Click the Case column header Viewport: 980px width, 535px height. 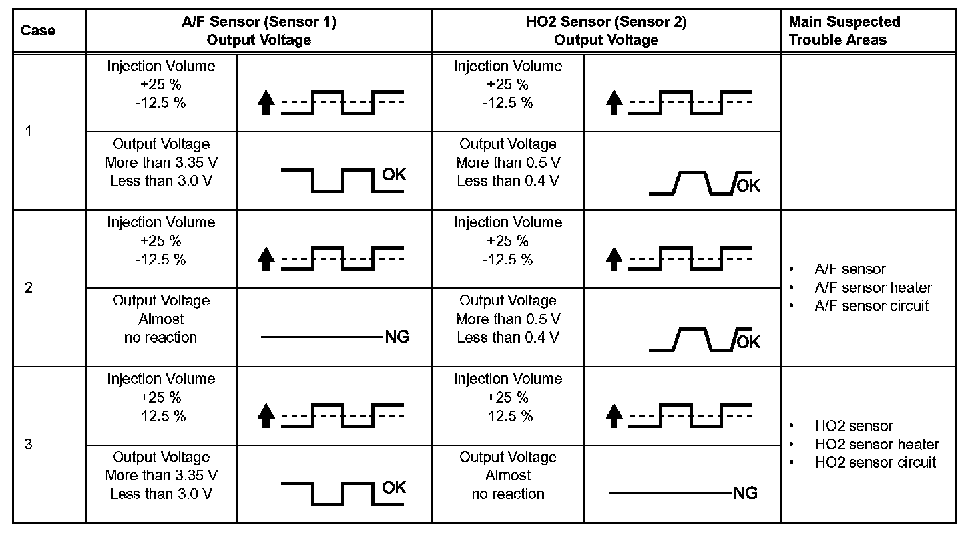tap(38, 31)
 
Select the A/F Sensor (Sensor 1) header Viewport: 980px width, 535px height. tap(259, 31)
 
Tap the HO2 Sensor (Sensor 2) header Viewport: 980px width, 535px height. tap(606, 31)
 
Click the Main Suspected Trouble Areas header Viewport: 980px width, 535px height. tap(844, 31)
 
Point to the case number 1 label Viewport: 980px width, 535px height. tap(28, 132)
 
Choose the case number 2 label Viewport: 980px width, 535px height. tap(28, 288)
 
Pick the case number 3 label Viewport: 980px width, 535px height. tap(28, 445)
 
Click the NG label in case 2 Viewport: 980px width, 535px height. tap(397, 337)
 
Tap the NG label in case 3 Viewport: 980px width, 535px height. tap(745, 494)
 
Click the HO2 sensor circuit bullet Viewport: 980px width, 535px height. tap(875, 462)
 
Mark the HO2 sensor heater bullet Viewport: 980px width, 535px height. tap(876, 444)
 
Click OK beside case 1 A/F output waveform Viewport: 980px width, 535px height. tap(394, 175)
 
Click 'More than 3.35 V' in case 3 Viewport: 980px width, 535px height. tap(161, 476)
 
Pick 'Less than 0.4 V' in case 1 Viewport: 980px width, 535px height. tap(508, 181)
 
